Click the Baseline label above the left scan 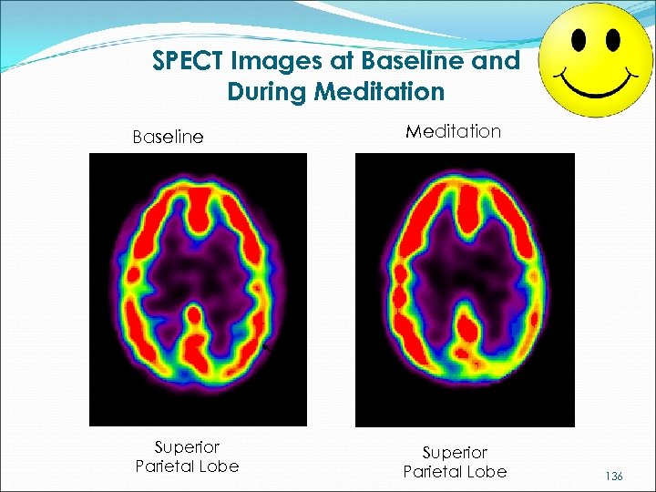pyautogui.click(x=168, y=138)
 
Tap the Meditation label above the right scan pyautogui.click(x=453, y=131)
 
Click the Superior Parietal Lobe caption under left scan pyautogui.click(x=186, y=456)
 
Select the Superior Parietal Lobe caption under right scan pyautogui.click(x=454, y=461)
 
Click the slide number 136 pyautogui.click(x=613, y=476)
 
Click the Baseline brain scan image pyautogui.click(x=198, y=289)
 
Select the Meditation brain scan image pyautogui.click(x=465, y=289)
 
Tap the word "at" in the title pyautogui.click(x=334, y=61)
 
